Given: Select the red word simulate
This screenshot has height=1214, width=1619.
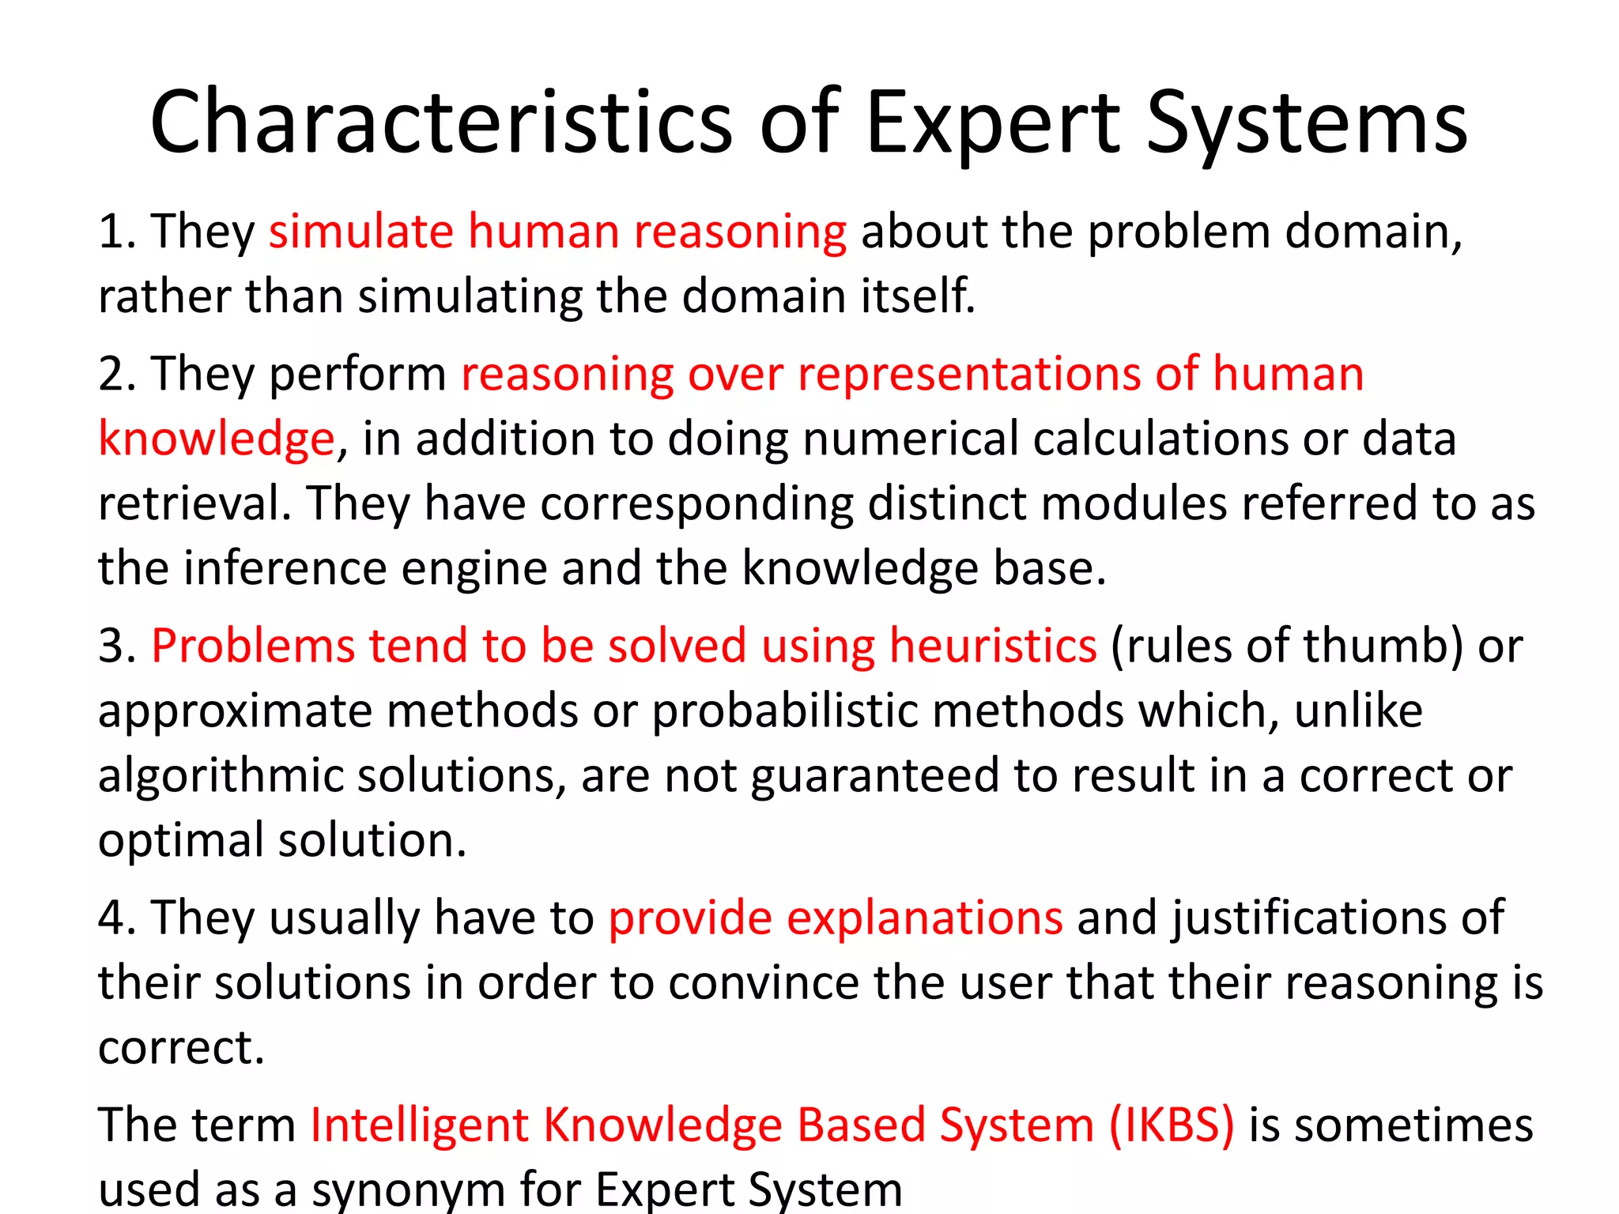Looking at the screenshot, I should pos(360,232).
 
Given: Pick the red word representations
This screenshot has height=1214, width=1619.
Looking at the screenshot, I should pos(969,374).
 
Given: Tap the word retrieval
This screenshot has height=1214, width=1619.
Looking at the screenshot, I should pos(194,503).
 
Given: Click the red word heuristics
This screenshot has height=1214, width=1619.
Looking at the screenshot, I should pos(993,646).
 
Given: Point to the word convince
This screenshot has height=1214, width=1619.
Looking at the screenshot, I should pos(763,982).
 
